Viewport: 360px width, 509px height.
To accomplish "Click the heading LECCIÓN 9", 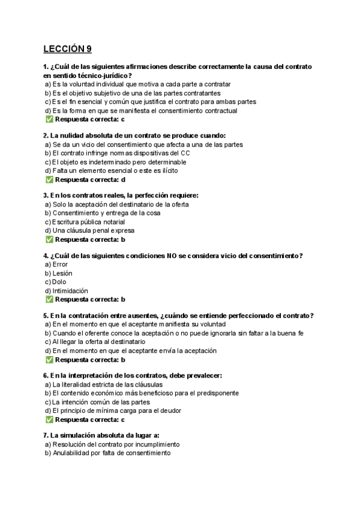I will [68, 49].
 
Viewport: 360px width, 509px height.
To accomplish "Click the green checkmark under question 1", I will [49, 119].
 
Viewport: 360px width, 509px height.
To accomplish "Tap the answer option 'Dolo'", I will [59, 282].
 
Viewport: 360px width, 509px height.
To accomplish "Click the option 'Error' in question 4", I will [60, 264].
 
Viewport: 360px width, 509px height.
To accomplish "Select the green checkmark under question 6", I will [49, 420].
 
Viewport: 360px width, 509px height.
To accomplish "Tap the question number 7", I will [46, 435].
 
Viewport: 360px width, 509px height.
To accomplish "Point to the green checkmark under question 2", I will [49, 179].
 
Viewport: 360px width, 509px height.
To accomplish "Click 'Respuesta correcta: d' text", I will [90, 179].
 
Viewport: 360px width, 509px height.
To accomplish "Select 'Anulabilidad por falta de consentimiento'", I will [111, 453].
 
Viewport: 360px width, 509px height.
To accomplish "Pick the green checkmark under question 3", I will [49, 239].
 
